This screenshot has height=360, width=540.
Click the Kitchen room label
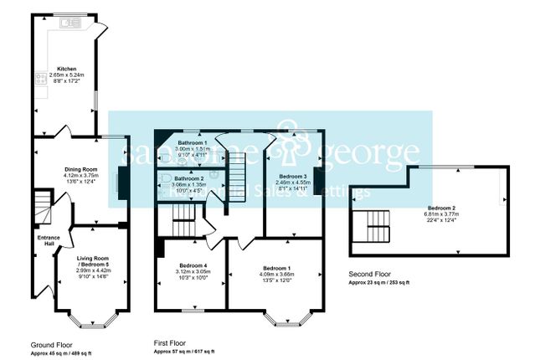pos(67,69)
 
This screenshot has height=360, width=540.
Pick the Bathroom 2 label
pos(190,178)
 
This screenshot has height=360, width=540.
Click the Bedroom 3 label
pos(294,177)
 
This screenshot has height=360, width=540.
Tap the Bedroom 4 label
pos(193,265)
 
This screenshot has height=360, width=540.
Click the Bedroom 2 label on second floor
pos(441,207)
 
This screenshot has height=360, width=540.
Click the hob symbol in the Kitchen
pos(40,80)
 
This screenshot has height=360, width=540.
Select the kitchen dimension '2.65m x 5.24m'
pos(67,75)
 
